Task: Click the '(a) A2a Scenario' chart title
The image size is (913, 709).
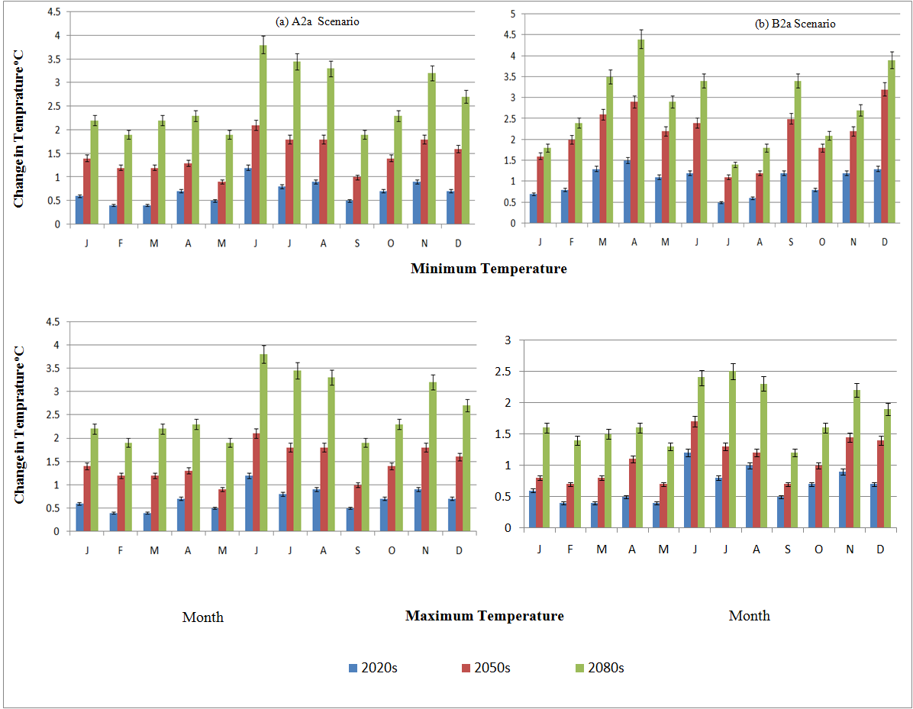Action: (x=318, y=22)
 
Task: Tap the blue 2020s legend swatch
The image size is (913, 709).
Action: (x=353, y=668)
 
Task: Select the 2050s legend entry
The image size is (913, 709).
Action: (x=485, y=668)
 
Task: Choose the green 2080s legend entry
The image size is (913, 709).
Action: (x=599, y=668)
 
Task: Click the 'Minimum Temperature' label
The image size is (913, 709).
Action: (x=489, y=269)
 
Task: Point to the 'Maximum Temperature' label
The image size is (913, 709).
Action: (x=485, y=616)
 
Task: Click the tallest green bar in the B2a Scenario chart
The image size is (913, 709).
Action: (x=641, y=131)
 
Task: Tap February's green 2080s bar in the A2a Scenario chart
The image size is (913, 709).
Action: (x=127, y=179)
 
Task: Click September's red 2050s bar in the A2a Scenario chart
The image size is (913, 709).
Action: (x=356, y=201)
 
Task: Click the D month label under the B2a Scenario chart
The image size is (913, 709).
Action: (x=884, y=242)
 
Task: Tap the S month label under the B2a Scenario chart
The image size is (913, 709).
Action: (x=790, y=242)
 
